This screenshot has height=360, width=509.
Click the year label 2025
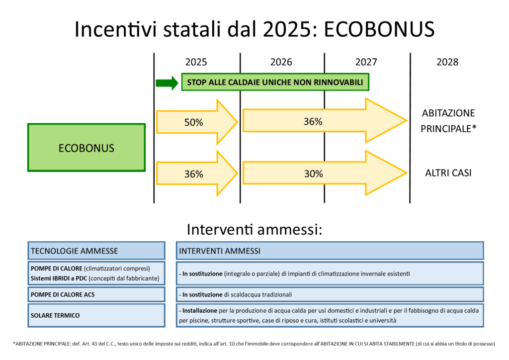tap(196, 62)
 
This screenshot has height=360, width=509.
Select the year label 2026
tap(281, 62)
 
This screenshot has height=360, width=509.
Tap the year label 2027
tap(366, 62)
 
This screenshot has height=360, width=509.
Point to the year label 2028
tap(447, 62)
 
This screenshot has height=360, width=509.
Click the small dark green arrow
tap(167, 83)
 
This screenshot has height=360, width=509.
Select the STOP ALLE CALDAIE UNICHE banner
tap(275, 82)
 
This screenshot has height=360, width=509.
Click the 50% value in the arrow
tap(194, 122)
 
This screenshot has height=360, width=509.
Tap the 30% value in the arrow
tap(314, 174)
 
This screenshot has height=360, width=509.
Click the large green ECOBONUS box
tap(86, 148)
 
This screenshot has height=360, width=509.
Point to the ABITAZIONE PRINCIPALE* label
tap(448, 121)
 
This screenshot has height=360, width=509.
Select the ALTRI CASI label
tap(448, 173)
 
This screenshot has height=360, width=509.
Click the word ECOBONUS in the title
tap(379, 29)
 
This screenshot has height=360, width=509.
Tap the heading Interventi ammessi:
tap(254, 229)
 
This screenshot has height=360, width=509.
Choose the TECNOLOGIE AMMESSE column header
tap(96, 251)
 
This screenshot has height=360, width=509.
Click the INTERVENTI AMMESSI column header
tap(330, 251)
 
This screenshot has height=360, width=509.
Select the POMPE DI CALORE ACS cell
tap(96, 294)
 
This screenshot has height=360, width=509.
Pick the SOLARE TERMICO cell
tap(96, 315)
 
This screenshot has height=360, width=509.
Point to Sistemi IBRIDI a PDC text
tap(59, 278)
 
